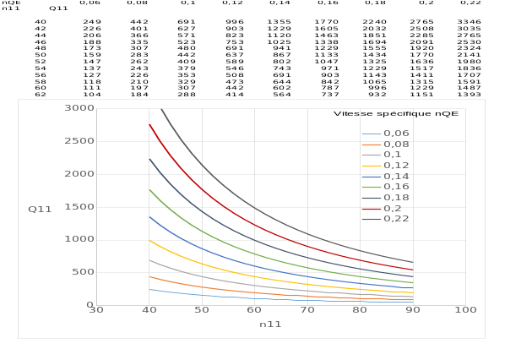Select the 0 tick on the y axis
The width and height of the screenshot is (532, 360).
point(87,305)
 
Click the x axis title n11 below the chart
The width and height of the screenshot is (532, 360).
point(269,324)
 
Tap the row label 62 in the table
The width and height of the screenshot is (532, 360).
point(40,95)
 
